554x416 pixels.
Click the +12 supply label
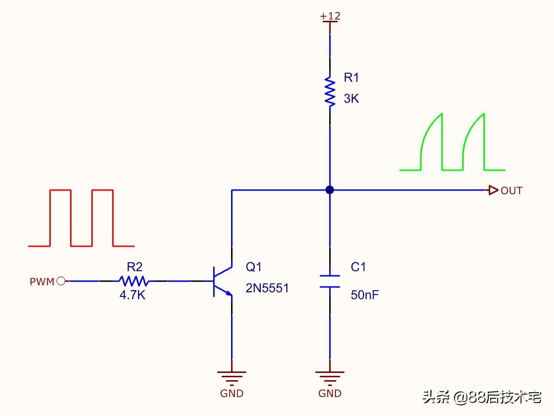coord(330,16)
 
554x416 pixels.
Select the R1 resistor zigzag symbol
coord(330,90)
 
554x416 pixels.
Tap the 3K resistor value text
coord(351,99)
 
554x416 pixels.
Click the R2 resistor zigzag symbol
coord(134,281)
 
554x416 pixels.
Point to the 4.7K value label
coord(132,295)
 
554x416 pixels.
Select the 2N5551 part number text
coord(267,288)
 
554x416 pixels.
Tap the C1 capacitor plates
coord(330,281)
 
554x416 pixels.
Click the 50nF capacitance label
coord(364,295)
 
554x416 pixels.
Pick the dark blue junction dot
coord(330,190)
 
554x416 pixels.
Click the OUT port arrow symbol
coord(493,190)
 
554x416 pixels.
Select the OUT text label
coord(511,191)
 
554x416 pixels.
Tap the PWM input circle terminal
coord(61,281)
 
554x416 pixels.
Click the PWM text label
coord(42,282)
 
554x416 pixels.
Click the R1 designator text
coord(351,77)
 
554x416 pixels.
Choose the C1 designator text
coord(358,267)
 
